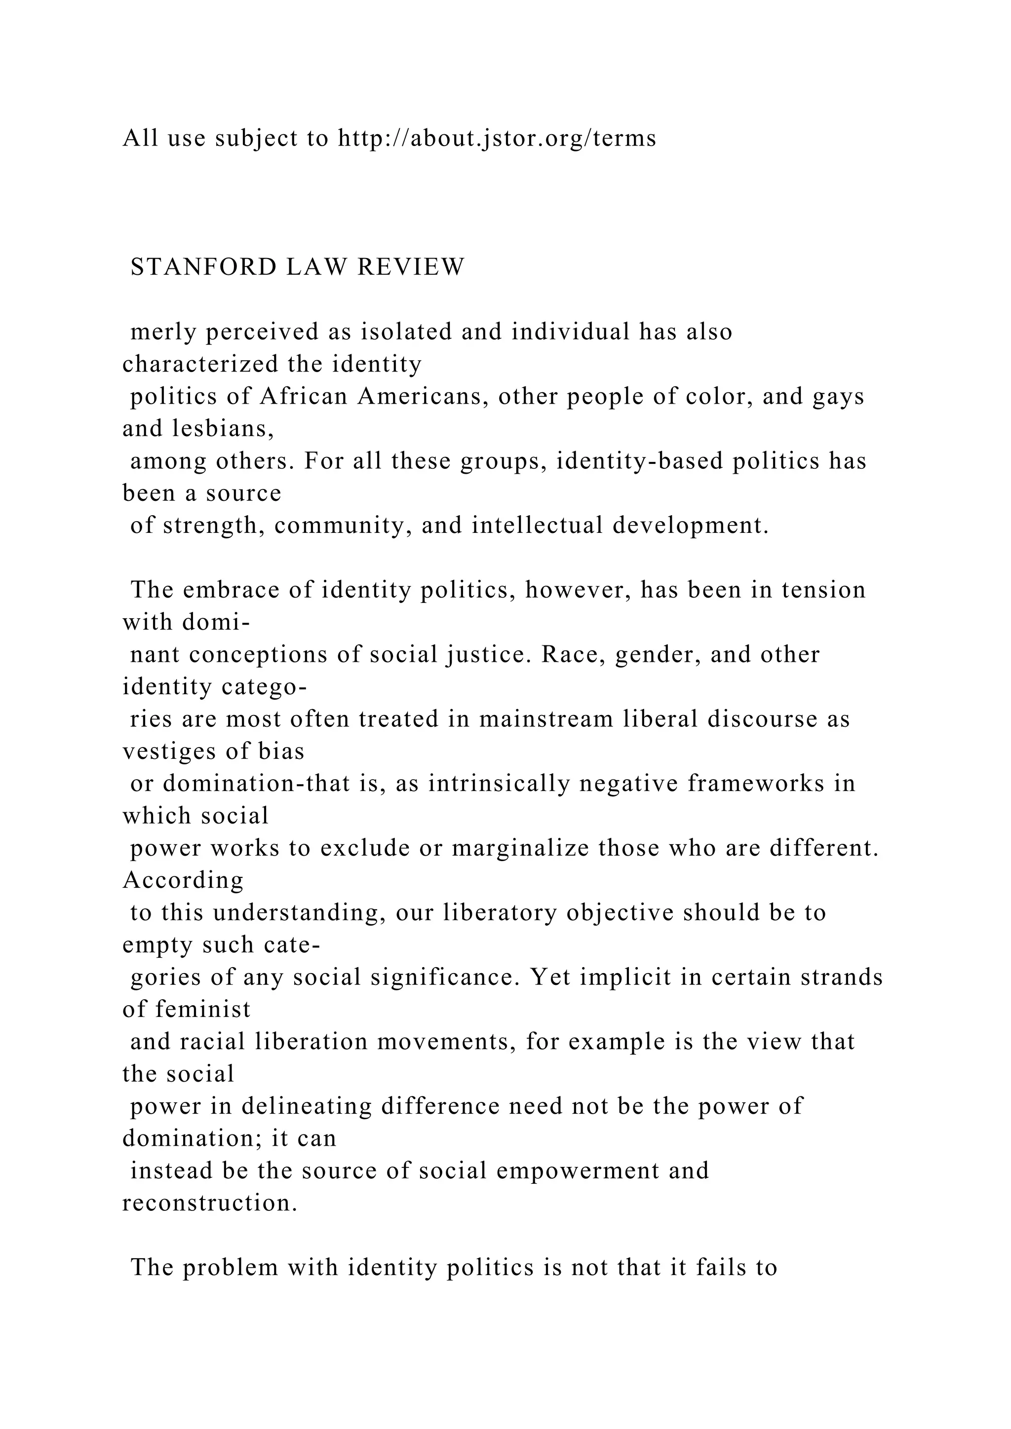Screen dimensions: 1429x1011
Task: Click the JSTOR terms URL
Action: (497, 138)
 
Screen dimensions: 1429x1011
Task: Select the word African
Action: (304, 396)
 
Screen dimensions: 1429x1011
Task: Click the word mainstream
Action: (541, 719)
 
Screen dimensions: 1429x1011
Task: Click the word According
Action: (183, 881)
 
